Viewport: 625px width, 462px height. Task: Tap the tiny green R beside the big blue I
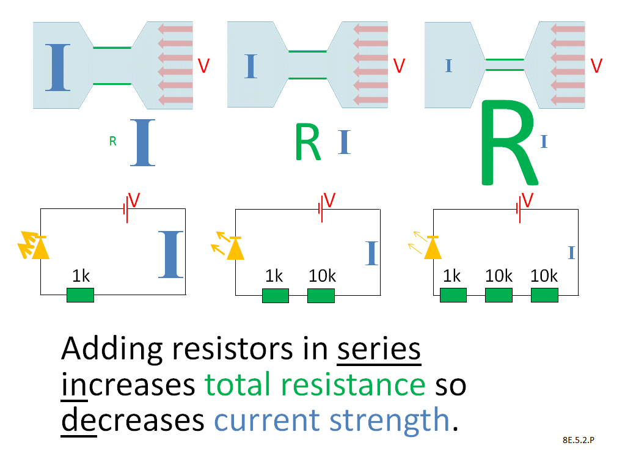point(112,142)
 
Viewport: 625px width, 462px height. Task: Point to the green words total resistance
point(315,385)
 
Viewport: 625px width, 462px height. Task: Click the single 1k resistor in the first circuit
point(80,296)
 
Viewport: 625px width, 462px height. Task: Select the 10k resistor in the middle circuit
point(321,296)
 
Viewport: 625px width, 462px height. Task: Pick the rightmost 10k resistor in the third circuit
point(545,296)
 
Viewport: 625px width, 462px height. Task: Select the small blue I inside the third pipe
point(449,65)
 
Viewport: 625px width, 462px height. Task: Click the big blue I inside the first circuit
point(170,254)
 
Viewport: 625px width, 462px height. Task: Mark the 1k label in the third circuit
point(451,276)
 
